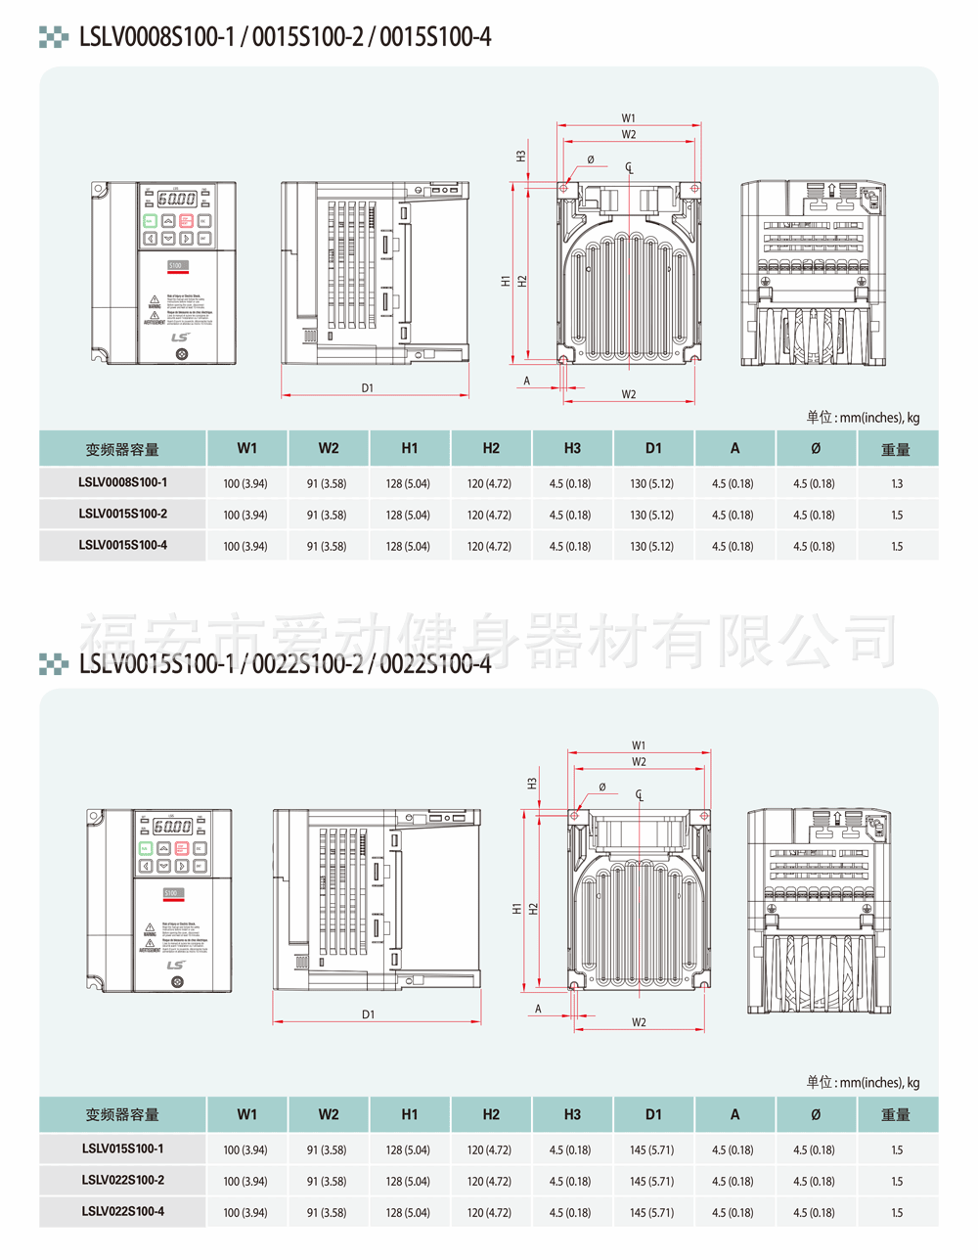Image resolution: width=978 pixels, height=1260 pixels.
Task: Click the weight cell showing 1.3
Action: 897,483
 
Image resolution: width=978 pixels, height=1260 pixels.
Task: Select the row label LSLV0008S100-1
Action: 122,482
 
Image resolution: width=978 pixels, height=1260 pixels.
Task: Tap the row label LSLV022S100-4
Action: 122,1211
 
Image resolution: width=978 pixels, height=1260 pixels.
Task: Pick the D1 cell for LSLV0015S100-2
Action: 652,515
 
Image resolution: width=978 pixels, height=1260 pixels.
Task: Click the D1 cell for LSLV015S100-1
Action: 652,1149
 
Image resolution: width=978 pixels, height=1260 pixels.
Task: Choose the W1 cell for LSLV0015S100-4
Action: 245,546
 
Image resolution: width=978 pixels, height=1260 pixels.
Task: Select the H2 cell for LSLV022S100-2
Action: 489,1181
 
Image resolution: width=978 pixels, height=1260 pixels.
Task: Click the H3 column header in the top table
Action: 572,448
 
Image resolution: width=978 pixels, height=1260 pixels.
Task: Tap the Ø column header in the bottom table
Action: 816,1114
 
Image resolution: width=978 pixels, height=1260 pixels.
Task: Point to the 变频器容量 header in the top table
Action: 122,449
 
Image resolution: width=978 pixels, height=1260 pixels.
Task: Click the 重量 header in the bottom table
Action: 896,1114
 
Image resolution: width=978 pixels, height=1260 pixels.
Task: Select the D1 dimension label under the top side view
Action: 368,388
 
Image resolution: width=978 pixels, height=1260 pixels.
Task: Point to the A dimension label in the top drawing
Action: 527,381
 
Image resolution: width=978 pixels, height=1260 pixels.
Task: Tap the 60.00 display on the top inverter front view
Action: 177,199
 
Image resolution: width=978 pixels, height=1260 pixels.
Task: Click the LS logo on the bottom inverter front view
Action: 176,966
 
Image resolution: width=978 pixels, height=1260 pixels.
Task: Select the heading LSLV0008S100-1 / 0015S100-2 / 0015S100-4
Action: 285,37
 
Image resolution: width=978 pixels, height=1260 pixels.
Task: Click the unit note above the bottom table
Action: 863,1082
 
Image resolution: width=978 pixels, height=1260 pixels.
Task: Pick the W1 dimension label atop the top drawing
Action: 629,118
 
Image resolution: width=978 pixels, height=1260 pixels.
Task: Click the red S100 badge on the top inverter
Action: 176,265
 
